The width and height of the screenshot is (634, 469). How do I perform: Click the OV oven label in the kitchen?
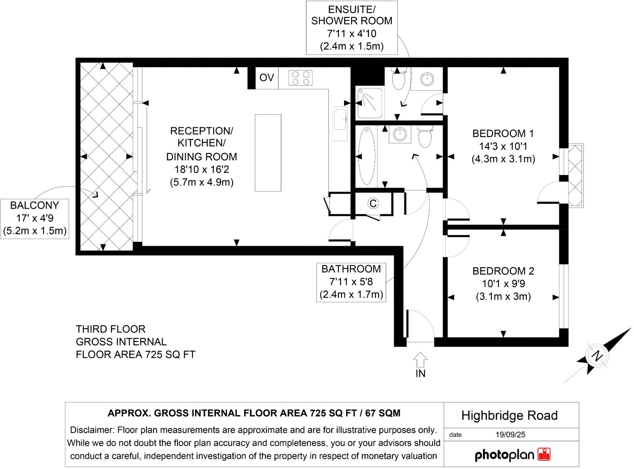266,78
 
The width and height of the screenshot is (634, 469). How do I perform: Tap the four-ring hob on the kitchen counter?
300,78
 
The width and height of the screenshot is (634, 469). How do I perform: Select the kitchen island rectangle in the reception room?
268,153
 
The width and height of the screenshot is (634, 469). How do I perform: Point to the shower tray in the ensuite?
370,103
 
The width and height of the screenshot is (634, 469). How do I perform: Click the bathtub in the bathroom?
367,156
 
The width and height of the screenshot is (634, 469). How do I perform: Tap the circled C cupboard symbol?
373,204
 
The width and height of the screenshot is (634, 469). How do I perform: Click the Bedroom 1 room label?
503,134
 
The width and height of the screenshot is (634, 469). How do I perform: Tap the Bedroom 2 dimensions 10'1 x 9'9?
503,284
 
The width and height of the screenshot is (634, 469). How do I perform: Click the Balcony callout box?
35,218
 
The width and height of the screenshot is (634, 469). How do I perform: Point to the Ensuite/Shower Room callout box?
351,28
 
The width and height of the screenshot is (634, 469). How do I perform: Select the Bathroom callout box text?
351,282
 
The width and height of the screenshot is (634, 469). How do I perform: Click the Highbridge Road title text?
509,415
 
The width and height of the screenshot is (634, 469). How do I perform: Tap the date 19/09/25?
510,435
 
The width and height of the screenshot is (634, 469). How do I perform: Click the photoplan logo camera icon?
544,454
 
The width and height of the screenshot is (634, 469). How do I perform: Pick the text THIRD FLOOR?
110,329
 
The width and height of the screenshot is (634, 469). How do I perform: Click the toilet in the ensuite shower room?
399,80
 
